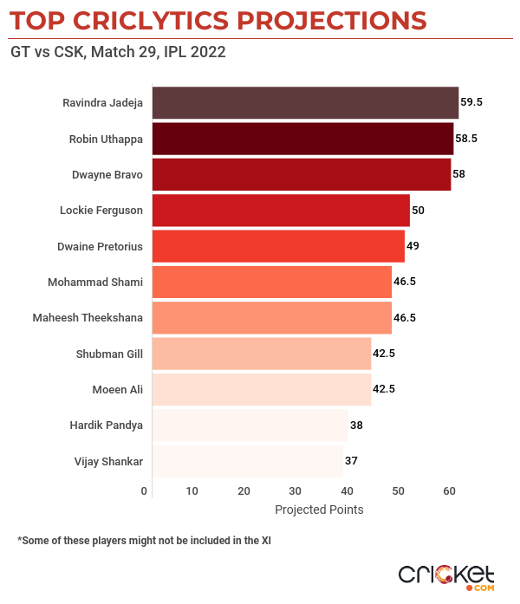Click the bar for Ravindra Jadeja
[x=305, y=102]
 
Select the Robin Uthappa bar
[x=303, y=139]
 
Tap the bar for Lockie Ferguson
[x=281, y=211]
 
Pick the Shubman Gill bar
[x=262, y=354]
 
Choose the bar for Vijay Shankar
[x=248, y=461]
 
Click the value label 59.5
[x=471, y=102]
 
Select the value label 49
[x=413, y=246]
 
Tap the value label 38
[x=356, y=425]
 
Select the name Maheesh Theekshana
[x=88, y=318]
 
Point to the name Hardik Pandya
[x=106, y=425]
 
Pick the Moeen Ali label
[x=117, y=389]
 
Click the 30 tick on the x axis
[x=296, y=492]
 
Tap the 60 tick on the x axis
[x=449, y=492]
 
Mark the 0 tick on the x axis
[x=145, y=492]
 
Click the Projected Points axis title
[x=319, y=510]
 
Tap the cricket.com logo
[x=445, y=576]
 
